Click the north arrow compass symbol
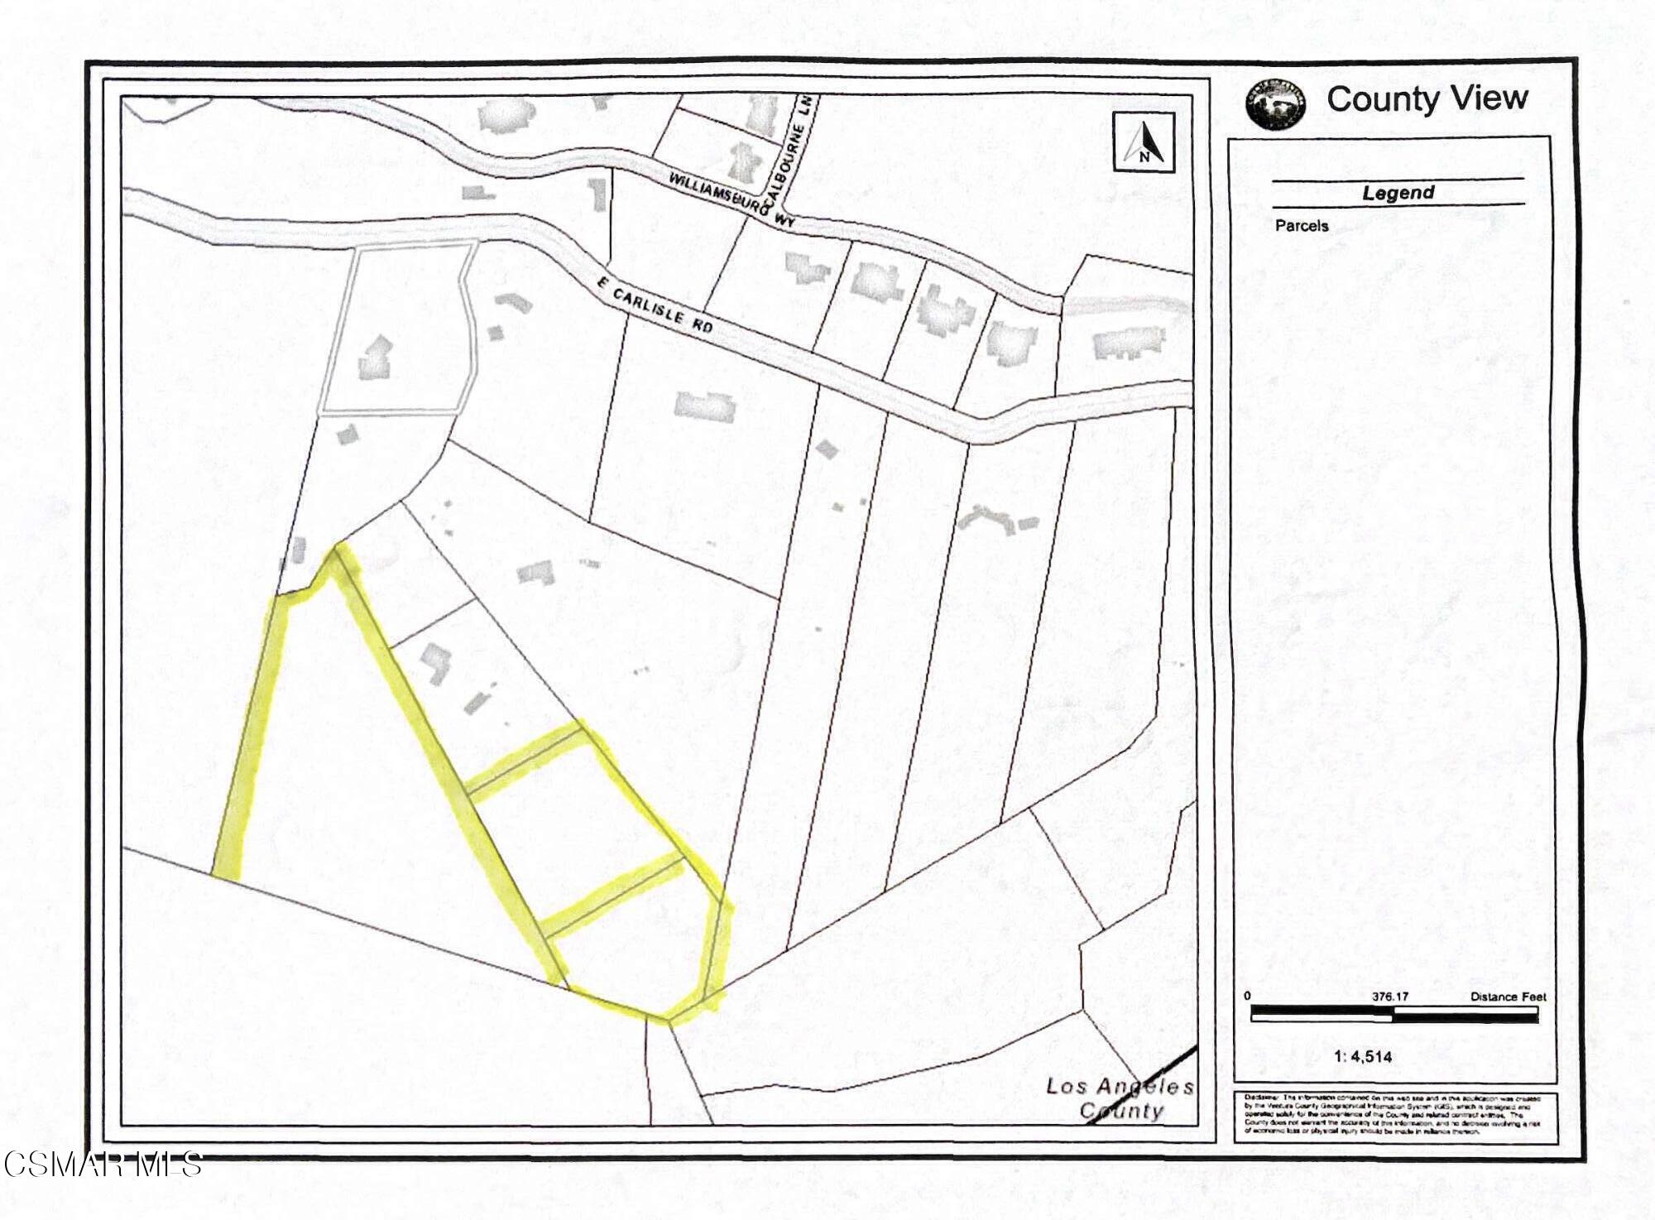pos(1144,142)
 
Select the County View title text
pos(1427,98)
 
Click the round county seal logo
pos(1275,104)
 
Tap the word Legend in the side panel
pos(1398,193)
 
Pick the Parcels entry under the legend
pos(1302,225)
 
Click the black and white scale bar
pos(1394,1013)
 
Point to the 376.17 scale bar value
pos(1390,997)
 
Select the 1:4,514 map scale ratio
pos(1363,1057)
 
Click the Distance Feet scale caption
pos(1508,997)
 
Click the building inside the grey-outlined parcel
pos(376,357)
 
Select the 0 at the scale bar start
pos(1247,996)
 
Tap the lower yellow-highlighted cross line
pos(613,897)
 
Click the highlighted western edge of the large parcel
pos(251,737)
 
